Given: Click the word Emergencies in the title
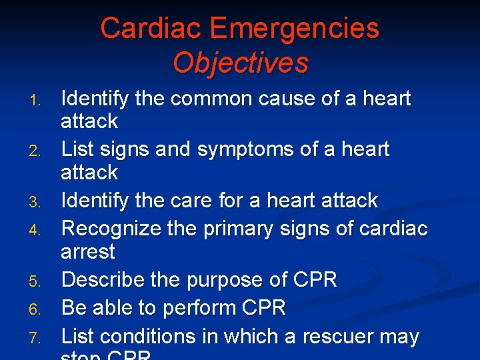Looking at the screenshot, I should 294,28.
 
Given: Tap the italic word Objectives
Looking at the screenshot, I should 240,63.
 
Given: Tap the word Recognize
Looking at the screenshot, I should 111,229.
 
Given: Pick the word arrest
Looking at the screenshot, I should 87,253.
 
